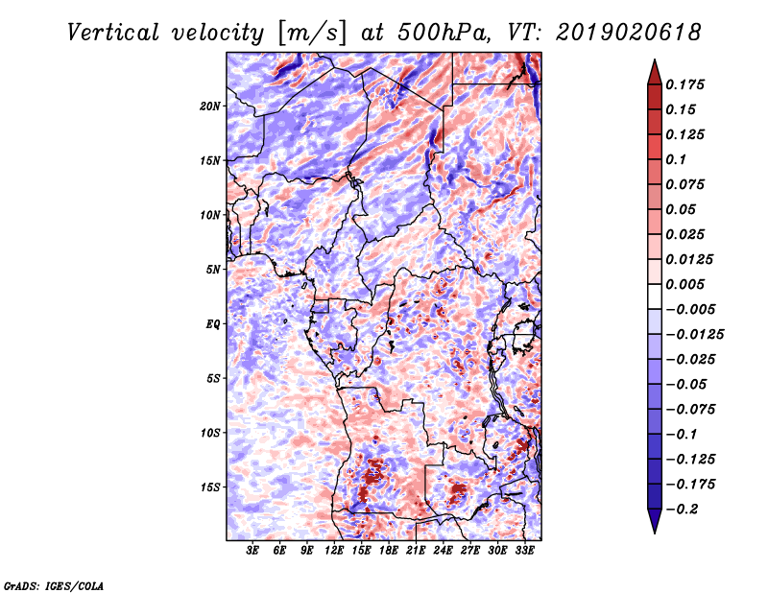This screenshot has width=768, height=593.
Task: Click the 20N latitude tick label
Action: (210, 106)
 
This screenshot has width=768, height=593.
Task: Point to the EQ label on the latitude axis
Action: (213, 323)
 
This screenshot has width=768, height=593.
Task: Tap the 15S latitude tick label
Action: (210, 487)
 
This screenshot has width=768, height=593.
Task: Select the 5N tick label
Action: (213, 270)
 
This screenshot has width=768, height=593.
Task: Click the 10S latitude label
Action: (210, 433)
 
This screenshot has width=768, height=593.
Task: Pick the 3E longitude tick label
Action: (252, 551)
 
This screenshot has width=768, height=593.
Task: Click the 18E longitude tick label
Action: (389, 551)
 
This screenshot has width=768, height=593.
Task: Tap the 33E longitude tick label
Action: (524, 551)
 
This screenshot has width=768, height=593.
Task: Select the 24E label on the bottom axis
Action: (443, 551)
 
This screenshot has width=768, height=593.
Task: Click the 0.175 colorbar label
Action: (685, 84)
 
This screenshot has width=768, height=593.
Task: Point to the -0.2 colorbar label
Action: (683, 510)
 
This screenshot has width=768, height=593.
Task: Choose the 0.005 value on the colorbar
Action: (685, 284)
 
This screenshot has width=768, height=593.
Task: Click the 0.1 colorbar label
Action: (676, 159)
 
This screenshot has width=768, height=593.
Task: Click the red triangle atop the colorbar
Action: (655, 73)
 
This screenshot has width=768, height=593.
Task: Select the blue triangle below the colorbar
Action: (655, 521)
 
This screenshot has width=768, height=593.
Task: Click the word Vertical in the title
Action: (113, 33)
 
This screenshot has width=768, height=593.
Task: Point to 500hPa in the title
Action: (444, 33)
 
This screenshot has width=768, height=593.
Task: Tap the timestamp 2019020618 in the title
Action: (629, 33)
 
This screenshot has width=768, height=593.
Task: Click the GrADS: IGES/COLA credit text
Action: (54, 585)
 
